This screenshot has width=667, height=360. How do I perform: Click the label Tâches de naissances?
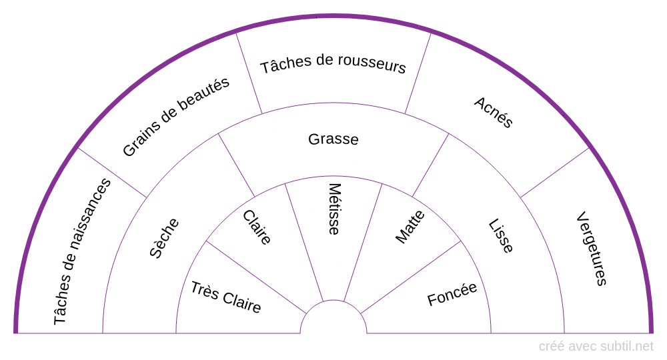tap(82, 251)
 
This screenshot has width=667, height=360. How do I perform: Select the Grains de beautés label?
tap(176, 117)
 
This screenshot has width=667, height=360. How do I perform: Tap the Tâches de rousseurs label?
tap(333, 65)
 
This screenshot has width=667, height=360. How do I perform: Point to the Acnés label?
tap(494, 112)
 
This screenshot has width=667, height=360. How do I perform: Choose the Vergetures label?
tap(592, 248)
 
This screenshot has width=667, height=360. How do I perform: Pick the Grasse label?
tap(333, 139)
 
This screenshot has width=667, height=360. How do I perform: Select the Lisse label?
tap(501, 236)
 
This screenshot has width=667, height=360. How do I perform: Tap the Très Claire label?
tap(225, 297)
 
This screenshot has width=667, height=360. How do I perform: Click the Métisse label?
tap(334, 209)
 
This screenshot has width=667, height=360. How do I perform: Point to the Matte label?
tap(410, 227)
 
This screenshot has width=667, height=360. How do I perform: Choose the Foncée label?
tap(452, 294)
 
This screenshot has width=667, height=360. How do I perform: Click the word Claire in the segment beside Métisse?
tap(257, 227)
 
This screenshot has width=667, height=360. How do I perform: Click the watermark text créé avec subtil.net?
tap(596, 346)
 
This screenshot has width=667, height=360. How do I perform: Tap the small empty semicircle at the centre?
tap(333, 320)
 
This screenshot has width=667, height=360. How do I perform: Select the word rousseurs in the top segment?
tap(371, 65)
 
